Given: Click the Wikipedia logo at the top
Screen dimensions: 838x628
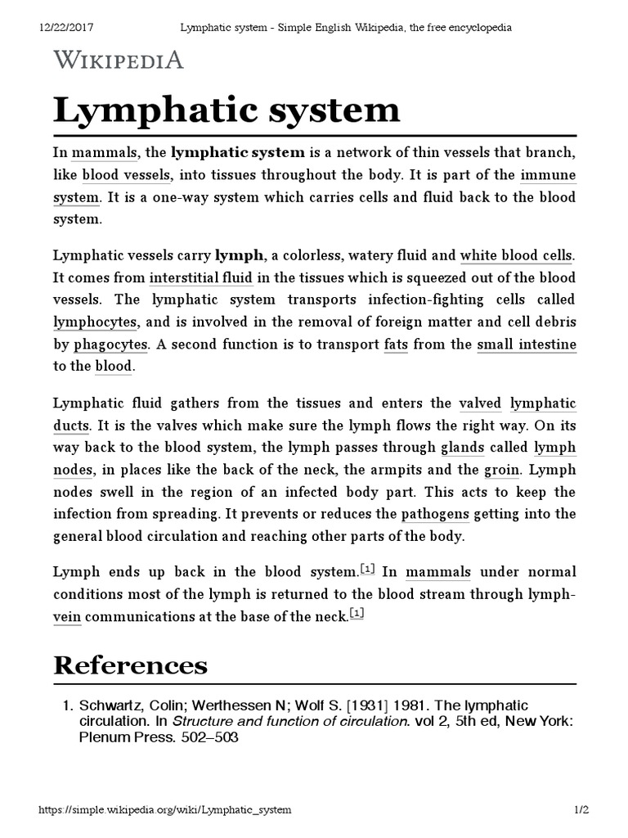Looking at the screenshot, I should point(119,60).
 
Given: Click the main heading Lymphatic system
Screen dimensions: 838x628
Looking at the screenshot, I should point(227,109).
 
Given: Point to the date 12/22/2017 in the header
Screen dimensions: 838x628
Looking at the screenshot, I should point(67,27).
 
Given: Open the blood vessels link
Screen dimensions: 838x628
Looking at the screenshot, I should point(127,174).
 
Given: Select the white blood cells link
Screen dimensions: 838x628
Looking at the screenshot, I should point(517,255).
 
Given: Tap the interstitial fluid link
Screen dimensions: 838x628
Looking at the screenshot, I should point(200,277).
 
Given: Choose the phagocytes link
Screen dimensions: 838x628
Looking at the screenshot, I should point(110,344).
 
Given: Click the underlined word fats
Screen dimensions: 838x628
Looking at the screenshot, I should point(396,344).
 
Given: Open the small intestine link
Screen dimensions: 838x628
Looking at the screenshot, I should point(527,344).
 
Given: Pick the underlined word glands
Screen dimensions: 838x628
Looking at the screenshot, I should point(463,448).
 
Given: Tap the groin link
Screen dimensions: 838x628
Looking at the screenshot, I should point(502,470).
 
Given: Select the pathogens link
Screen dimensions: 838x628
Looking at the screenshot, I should point(435,514).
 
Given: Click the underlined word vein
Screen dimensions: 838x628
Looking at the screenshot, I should point(67,616).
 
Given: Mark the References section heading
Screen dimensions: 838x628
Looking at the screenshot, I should point(130,665).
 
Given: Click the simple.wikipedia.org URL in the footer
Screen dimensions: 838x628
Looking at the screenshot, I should point(165,809).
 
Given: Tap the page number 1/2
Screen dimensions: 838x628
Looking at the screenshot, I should point(580,809).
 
